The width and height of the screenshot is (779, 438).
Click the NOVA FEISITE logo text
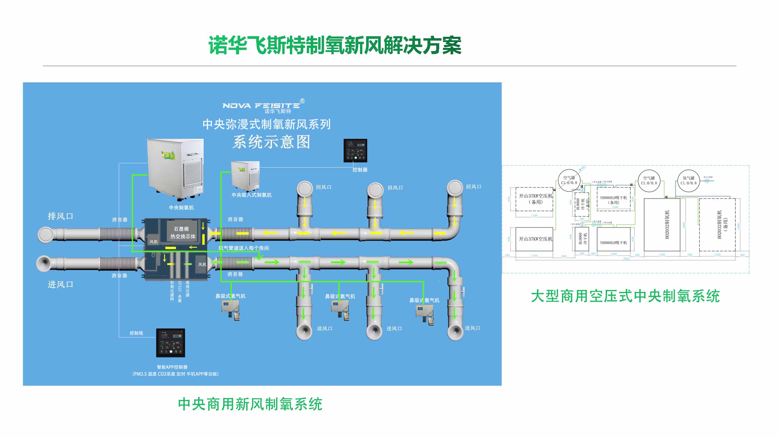click(261, 105)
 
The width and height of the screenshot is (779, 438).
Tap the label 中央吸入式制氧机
click(251, 195)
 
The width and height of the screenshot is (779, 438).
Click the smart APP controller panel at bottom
click(170, 343)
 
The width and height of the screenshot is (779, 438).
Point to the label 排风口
click(60, 216)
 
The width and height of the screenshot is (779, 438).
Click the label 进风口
click(60, 284)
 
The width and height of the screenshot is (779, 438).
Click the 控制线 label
click(136, 333)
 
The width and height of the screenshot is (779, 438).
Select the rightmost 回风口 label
click(473, 187)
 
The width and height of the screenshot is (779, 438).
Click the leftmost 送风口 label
click(324, 328)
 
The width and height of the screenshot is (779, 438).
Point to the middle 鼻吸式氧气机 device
click(340, 308)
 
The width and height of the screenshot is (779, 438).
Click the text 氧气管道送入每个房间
click(244, 248)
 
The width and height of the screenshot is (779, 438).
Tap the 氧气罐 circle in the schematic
click(688, 180)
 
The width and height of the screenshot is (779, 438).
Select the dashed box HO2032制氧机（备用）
click(717, 225)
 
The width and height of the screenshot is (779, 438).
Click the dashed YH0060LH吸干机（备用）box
click(614, 199)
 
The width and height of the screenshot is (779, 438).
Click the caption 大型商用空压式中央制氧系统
click(625, 296)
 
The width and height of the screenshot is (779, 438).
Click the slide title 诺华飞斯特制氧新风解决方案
click(335, 45)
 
